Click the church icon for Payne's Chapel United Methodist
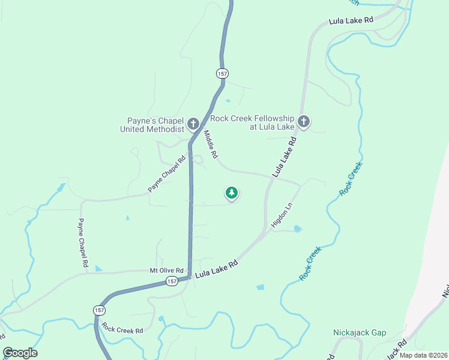pyautogui.click(x=193, y=124)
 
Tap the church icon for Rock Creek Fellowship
pyautogui.click(x=304, y=122)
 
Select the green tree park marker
pyautogui.click(x=231, y=193)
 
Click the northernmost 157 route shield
pyautogui.click(x=222, y=73)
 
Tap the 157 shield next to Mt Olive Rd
pyautogui.click(x=172, y=281)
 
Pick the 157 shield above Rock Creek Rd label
pyautogui.click(x=99, y=310)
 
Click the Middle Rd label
pyautogui.click(x=209, y=145)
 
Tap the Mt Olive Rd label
pyautogui.click(x=166, y=271)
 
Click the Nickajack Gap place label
pyautogui.click(x=360, y=332)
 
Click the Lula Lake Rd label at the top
pyautogui.click(x=351, y=20)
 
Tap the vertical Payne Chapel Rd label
pyautogui.click(x=83, y=242)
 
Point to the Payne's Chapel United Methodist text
pyautogui.click(x=152, y=124)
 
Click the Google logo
pyautogui.click(x=20, y=353)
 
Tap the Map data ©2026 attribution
pyautogui.click(x=423, y=355)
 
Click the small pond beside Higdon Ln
pyautogui.click(x=298, y=229)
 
